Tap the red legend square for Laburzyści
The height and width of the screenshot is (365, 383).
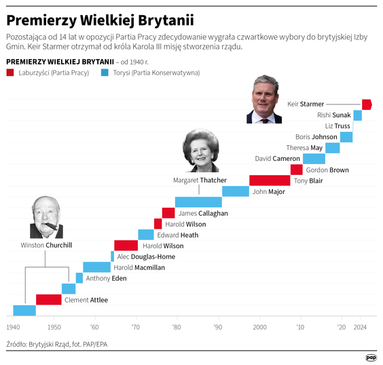[10, 72]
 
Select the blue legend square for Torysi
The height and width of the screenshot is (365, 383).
[104, 72]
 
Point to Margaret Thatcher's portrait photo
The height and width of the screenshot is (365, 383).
[201, 153]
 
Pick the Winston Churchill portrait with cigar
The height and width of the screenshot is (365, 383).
[46, 218]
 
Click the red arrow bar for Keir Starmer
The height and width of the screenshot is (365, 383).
[367, 104]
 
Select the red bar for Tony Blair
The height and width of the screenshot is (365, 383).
[270, 180]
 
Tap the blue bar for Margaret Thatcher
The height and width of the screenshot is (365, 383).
[198, 202]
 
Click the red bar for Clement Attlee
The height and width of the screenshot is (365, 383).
[49, 300]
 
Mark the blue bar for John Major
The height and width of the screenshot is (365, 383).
[236, 191]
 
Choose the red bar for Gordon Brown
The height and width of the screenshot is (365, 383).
[297, 170]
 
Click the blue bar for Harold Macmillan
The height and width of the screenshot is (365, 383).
[97, 267]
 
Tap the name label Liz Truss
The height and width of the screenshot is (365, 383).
[338, 126]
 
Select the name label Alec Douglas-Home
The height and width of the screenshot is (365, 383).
[146, 256]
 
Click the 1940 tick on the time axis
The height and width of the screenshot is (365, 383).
[13, 326]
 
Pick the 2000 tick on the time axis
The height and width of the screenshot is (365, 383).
[259, 326]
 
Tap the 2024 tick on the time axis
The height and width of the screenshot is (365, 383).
[360, 326]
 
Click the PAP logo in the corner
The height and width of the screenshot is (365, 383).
[371, 357]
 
